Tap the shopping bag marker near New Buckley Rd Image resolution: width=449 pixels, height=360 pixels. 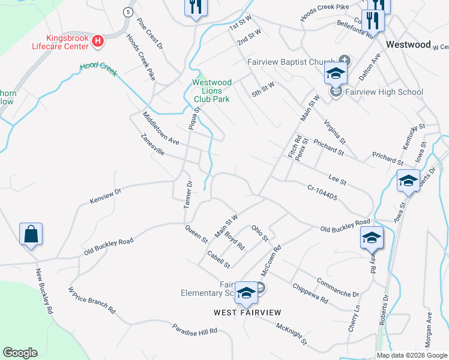click(31, 234)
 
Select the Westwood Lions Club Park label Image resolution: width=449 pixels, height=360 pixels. click(211, 90)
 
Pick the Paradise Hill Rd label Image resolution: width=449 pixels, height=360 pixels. click(194, 330)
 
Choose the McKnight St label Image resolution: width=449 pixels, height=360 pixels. click(292, 334)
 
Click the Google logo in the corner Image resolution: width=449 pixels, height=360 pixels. click(20, 353)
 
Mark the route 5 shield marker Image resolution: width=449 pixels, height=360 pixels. click(128, 12)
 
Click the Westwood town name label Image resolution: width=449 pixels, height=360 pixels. click(408, 44)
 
